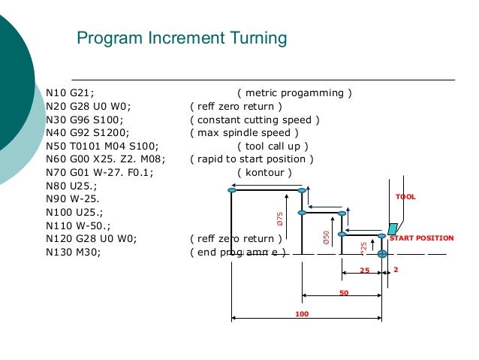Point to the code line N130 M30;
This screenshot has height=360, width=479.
[74, 253]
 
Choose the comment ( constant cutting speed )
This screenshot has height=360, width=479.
[255, 119]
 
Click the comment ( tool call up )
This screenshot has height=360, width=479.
[273, 146]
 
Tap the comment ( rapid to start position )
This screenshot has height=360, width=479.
[252, 159]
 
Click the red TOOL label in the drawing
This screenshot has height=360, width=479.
[405, 197]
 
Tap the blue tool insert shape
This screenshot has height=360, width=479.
[393, 228]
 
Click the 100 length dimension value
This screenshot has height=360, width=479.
[302, 313]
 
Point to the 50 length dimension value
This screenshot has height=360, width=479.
[343, 293]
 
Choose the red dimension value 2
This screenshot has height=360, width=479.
[396, 268]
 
